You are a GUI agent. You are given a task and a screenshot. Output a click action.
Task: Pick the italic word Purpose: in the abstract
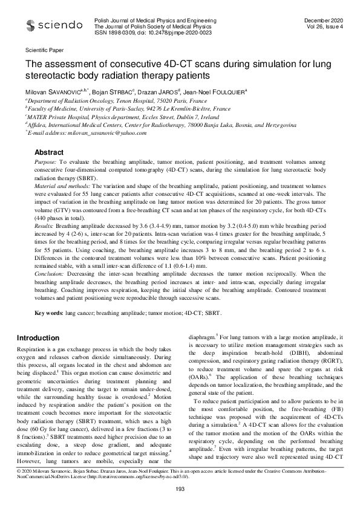click(45, 163)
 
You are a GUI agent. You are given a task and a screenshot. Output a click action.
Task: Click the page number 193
click(180, 488)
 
